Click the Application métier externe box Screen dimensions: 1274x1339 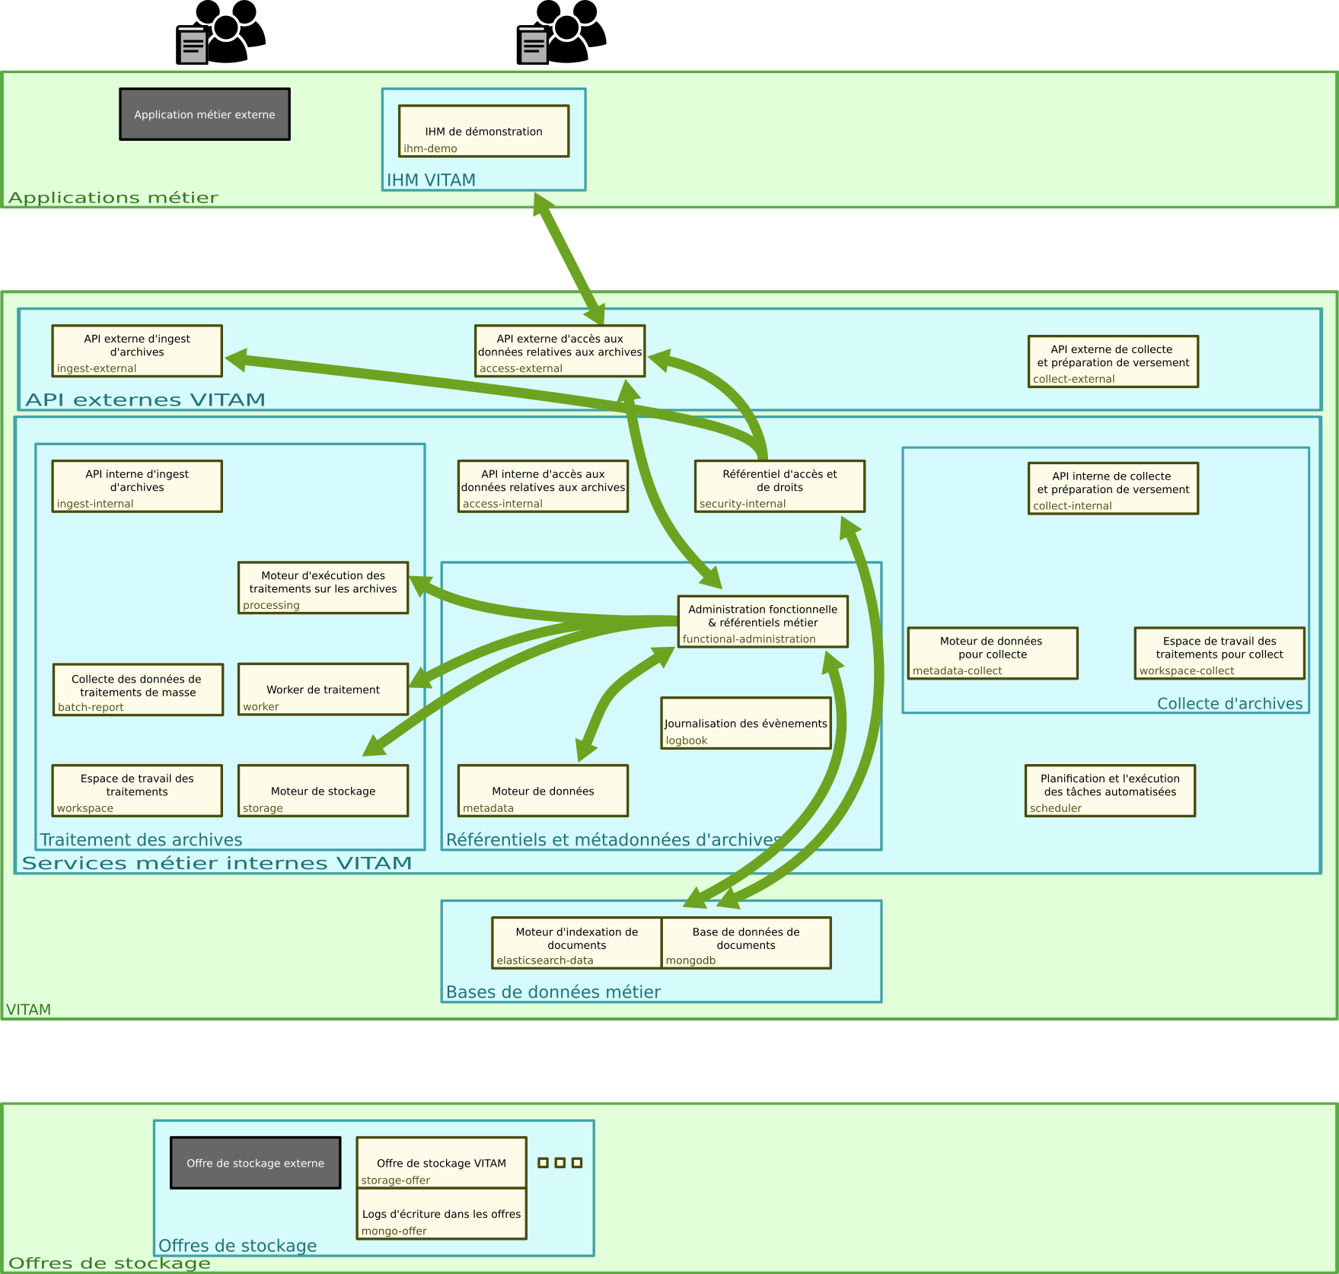pos(205,114)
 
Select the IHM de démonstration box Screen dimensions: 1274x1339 pos(483,131)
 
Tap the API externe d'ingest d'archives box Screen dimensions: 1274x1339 pos(137,351)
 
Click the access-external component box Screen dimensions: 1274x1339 pos(560,351)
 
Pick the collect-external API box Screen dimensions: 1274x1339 pos(1113,361)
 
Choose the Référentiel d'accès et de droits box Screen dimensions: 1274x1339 pos(779,486)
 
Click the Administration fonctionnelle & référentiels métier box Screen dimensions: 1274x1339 pos(763,622)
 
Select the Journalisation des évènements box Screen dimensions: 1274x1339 pos(745,723)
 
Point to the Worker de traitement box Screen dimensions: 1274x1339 pos(323,690)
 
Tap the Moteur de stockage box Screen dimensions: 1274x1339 pos(323,791)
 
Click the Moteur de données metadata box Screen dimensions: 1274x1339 pos(543,791)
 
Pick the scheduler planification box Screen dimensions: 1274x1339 pos(1110,791)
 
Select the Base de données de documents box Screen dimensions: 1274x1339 pos(746,943)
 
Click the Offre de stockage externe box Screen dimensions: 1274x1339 pos(255,1163)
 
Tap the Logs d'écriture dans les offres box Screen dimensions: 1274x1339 pos(442,1214)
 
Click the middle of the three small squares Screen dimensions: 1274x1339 pos(560,1163)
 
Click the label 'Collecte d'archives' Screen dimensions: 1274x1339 pos(1229,703)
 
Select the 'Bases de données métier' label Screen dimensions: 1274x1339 pos(553,992)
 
